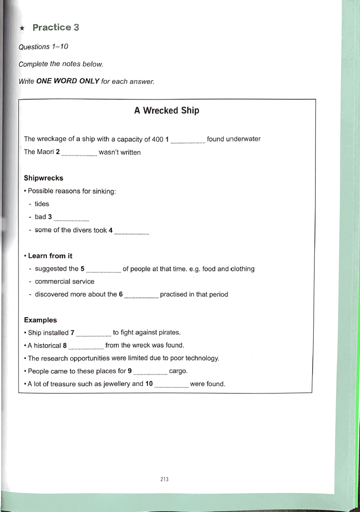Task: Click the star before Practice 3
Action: tap(22, 28)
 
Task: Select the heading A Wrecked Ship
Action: tap(166, 110)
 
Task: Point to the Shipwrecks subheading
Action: tap(43, 178)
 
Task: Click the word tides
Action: tap(42, 204)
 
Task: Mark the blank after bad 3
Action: tap(71, 219)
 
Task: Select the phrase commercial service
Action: tap(64, 281)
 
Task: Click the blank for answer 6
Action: tap(141, 296)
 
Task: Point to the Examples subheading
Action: tap(40, 320)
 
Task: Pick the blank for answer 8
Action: tap(86, 347)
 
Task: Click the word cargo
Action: tap(178, 371)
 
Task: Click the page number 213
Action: tap(164, 480)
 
